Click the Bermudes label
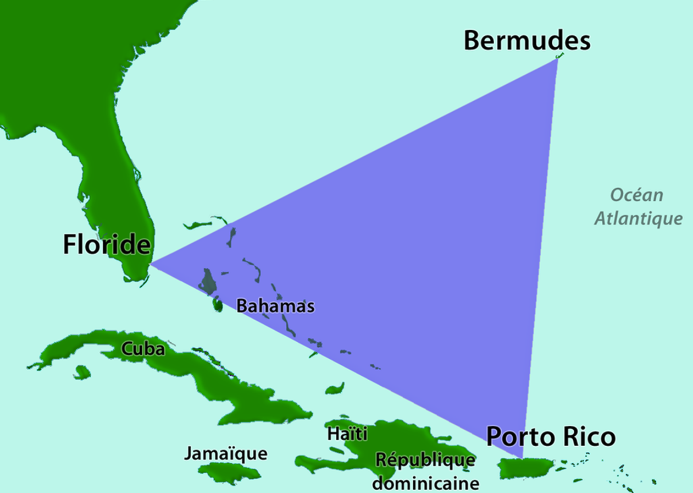526,41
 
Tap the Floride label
107,244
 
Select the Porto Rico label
551,437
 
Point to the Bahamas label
275,306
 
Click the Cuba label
143,348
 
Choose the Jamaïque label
225,454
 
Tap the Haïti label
347,434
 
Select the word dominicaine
426,484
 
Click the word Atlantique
639,219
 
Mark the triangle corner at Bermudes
557,58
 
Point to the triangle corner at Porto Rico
522,458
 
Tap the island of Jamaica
229,472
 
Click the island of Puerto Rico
524,468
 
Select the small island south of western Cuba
82,373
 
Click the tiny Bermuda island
560,56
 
